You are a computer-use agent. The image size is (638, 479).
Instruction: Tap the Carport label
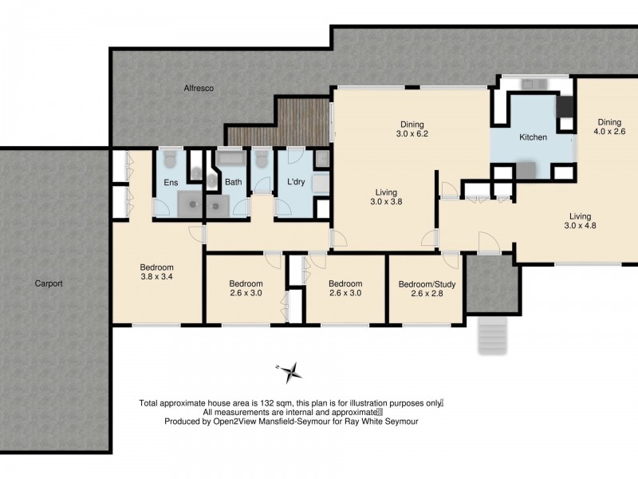49,283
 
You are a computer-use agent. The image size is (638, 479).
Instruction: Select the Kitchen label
533,137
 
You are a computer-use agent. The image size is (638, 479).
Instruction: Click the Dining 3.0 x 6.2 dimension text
412,134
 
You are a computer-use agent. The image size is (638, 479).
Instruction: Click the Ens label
171,183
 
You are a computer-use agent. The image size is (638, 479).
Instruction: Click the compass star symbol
292,370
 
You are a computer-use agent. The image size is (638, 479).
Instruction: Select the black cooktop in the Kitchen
565,107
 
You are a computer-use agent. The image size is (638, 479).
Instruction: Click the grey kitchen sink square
526,170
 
